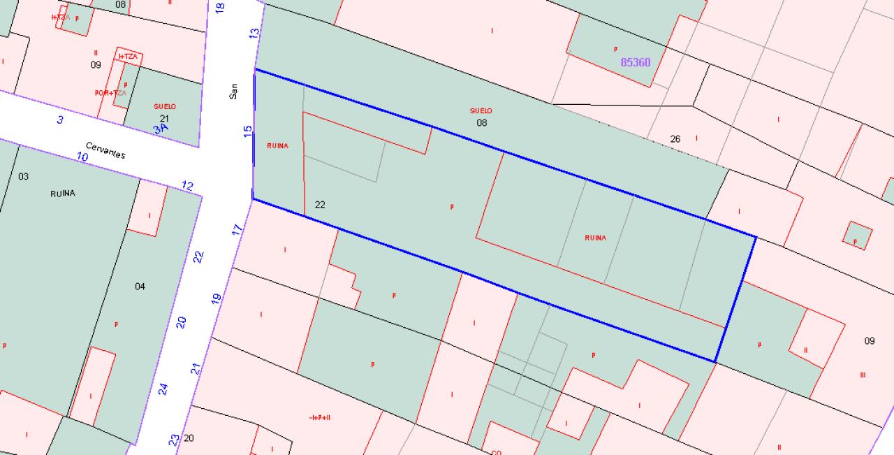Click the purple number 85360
point(636,62)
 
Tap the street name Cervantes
point(105,150)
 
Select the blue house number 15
point(248,131)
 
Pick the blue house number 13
point(254,32)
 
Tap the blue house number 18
point(221,8)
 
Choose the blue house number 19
point(217,298)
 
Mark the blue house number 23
point(174,440)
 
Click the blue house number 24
point(163,389)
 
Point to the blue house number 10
point(82,157)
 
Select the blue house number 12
point(187,186)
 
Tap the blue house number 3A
point(161,129)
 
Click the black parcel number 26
point(675,139)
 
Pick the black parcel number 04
point(140,286)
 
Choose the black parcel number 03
point(23,176)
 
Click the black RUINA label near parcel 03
point(63,194)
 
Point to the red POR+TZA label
point(110,92)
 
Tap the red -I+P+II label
point(319,417)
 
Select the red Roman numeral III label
point(863,375)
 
